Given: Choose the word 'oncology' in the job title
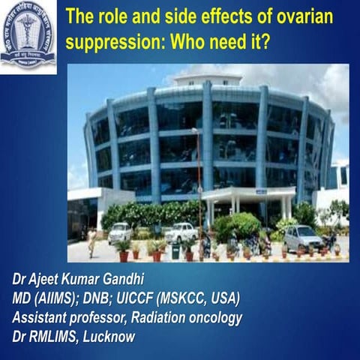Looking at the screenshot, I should (x=212, y=318).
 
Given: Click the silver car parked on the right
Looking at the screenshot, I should (x=302, y=238).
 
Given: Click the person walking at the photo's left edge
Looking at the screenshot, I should (x=91, y=242).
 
